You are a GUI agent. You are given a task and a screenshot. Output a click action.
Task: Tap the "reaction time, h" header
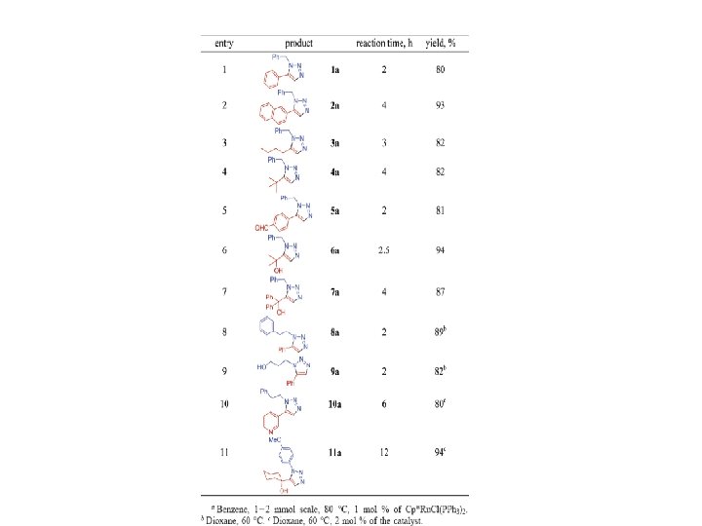point(385,44)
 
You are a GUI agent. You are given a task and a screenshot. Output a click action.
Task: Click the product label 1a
point(334,70)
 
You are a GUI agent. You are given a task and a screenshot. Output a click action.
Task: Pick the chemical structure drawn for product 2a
point(286,105)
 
